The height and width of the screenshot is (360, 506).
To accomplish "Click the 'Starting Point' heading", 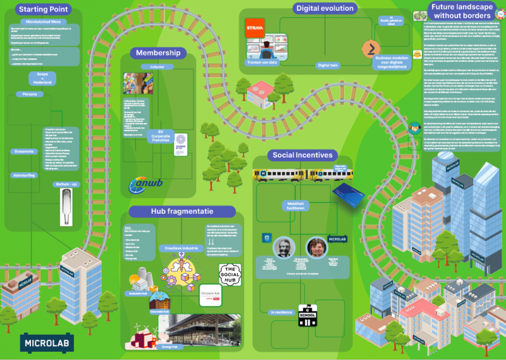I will point(43,9).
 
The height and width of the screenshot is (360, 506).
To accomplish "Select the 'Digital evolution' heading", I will point(324,8).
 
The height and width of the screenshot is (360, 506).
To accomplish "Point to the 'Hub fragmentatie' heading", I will point(182,211).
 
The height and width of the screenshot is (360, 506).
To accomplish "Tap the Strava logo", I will point(254,27).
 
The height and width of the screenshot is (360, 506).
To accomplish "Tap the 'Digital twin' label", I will point(328,65).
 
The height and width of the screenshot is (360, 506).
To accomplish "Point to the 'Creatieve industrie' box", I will point(182,248).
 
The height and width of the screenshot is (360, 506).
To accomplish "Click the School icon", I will point(307,314).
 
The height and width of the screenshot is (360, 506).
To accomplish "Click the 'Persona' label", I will point(30,94).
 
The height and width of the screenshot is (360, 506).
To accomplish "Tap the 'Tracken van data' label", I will point(262,62).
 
